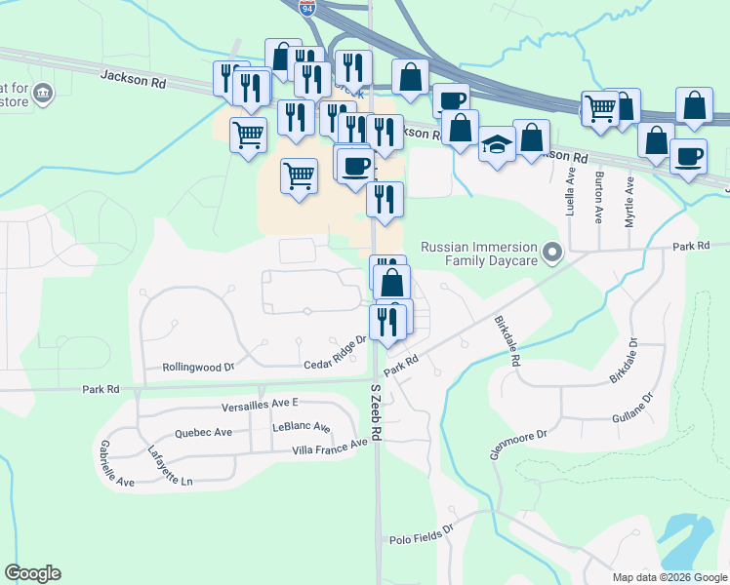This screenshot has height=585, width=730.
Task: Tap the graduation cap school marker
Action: coord(497,144)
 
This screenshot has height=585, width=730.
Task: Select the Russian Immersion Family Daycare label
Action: coord(478,253)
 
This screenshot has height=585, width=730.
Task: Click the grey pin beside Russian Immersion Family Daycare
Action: coord(553,253)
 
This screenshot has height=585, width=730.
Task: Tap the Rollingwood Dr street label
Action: coord(203,368)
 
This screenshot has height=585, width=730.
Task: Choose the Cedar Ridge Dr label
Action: coord(334,350)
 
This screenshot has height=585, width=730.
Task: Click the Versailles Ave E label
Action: coord(260,404)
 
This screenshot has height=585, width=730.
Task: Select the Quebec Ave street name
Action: coord(203,432)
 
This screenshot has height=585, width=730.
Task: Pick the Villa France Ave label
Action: coord(330,448)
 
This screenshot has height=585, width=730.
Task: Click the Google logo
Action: coord(32,573)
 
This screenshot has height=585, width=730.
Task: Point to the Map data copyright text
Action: coord(669,577)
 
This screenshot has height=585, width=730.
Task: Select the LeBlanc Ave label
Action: coord(302,427)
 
